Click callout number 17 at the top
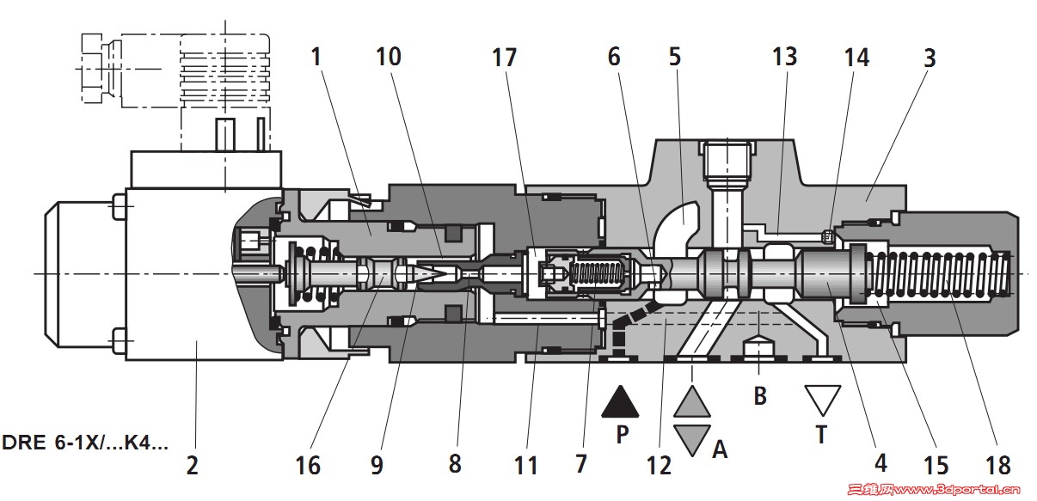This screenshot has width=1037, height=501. pyautogui.click(x=504, y=58)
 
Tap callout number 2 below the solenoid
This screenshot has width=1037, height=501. pyautogui.click(x=193, y=465)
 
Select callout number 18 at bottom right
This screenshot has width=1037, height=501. pyautogui.click(x=997, y=465)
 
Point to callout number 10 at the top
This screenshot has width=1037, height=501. pyautogui.click(x=388, y=57)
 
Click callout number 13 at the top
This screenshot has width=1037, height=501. pyautogui.click(x=785, y=57)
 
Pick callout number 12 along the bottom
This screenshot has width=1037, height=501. pyautogui.click(x=659, y=465)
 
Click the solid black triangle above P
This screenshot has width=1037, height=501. pyautogui.click(x=620, y=401)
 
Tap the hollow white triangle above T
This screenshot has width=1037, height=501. pyautogui.click(x=822, y=400)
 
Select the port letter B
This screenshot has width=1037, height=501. pyautogui.click(x=760, y=396)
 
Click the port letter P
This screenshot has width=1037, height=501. pyautogui.click(x=623, y=434)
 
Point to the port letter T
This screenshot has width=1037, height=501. pyautogui.click(x=821, y=434)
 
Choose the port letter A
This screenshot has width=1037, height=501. pyautogui.click(x=720, y=449)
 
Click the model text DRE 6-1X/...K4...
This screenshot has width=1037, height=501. pyautogui.click(x=85, y=443)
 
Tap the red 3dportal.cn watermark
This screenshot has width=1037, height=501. pyautogui.click(x=940, y=490)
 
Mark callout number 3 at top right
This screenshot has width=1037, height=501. pyautogui.click(x=930, y=58)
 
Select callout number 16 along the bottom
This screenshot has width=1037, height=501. pyautogui.click(x=308, y=465)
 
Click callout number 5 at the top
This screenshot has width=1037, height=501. pyautogui.click(x=675, y=57)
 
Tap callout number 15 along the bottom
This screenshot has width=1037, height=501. pyautogui.click(x=936, y=465)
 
